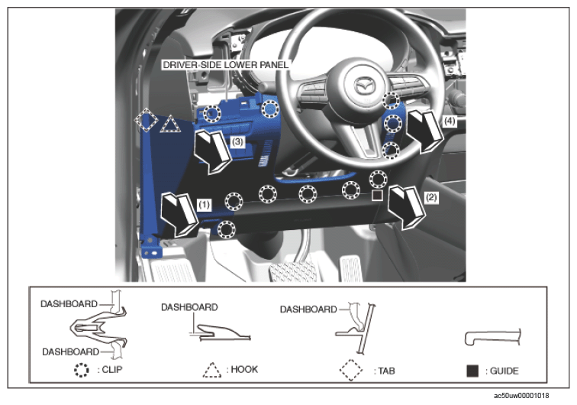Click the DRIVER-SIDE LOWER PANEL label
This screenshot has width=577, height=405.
pyautogui.click(x=225, y=65)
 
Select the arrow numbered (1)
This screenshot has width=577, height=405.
pyautogui.click(x=179, y=214)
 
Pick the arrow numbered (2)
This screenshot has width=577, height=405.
pyautogui.click(x=407, y=207)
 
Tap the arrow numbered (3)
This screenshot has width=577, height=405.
pyautogui.click(x=213, y=151)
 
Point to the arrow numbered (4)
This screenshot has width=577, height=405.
pyautogui.click(x=425, y=131)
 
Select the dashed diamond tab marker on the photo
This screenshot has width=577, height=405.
pyautogui.click(x=146, y=120)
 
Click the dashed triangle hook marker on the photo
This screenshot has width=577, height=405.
pyautogui.click(x=170, y=125)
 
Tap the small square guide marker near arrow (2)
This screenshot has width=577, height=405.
pyautogui.click(x=377, y=196)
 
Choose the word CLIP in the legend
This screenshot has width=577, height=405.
pyautogui.click(x=112, y=369)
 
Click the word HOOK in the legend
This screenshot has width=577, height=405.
pyautogui.click(x=244, y=369)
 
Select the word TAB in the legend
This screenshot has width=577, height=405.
pyautogui.click(x=386, y=371)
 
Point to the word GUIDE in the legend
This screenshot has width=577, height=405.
pyautogui.click(x=504, y=371)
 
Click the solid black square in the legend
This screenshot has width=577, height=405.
pyautogui.click(x=472, y=371)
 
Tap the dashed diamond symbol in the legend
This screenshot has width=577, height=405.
pyautogui.click(x=351, y=370)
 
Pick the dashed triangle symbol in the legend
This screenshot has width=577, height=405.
pyautogui.click(x=212, y=370)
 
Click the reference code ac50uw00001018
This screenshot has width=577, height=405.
pyautogui.click(x=521, y=396)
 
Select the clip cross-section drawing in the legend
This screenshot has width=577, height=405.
pyautogui.click(x=98, y=326)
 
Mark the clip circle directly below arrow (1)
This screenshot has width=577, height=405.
pyautogui.click(x=227, y=229)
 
